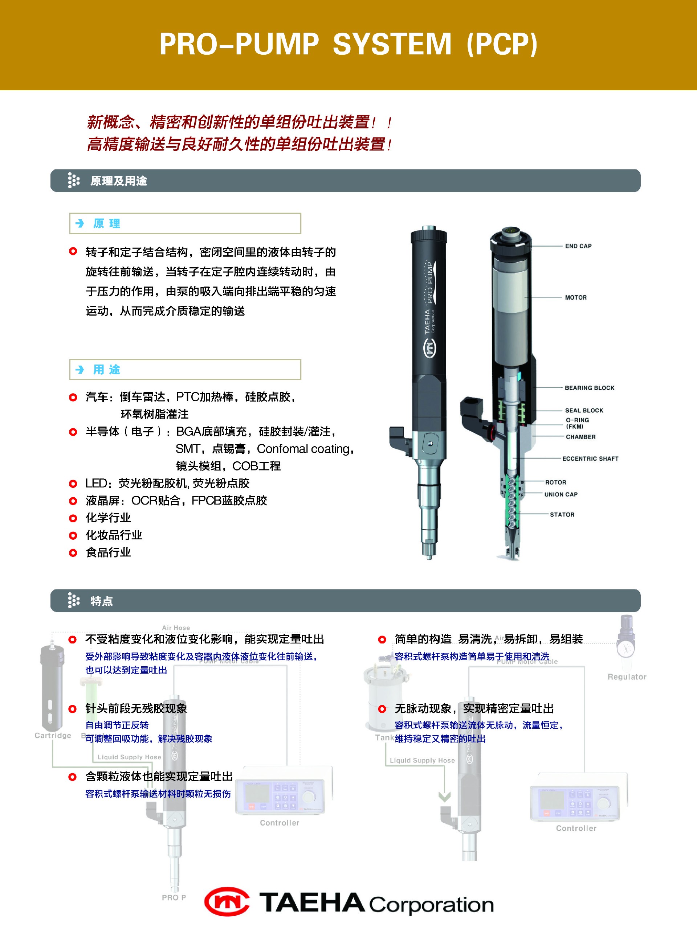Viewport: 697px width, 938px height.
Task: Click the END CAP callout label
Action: coord(578,246)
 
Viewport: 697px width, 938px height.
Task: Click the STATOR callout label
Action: coord(562,514)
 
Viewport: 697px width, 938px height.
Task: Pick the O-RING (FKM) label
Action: coord(577,423)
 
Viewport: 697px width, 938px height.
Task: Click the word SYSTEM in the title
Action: coord(392,44)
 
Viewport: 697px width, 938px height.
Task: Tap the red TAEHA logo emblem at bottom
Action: coord(227,902)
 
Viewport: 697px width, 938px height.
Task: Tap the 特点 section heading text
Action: coord(102,601)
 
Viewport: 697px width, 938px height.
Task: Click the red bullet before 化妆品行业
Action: coord(73,535)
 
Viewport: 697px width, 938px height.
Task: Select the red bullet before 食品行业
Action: coord(73,553)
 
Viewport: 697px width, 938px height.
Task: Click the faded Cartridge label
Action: coord(53,735)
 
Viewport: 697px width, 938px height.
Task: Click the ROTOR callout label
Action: coord(555,482)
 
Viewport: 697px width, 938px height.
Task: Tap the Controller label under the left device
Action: coord(279,823)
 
